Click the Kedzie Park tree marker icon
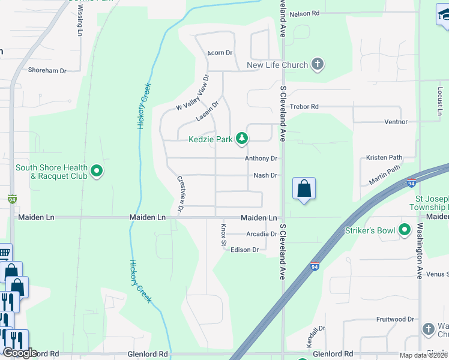tap(242, 139)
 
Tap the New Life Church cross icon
tap(318, 64)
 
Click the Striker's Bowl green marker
tap(405, 230)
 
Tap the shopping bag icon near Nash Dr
tap(304, 189)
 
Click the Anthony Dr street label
tap(261, 158)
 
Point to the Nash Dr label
tap(265, 175)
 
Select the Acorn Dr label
tap(220, 53)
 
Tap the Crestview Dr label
tap(181, 194)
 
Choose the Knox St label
tap(223, 235)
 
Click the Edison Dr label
tap(244, 250)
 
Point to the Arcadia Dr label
tap(261, 234)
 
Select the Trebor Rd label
tap(304, 106)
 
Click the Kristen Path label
tap(384, 157)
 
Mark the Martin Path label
tap(384, 175)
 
